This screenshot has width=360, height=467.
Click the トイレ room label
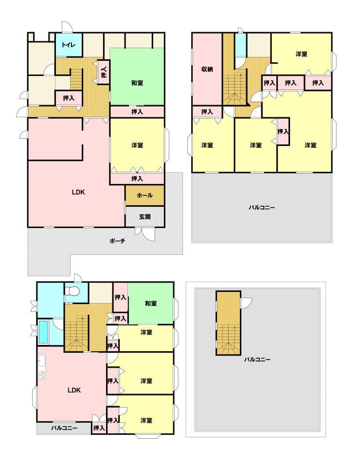click(69, 45)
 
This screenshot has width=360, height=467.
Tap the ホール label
click(144, 196)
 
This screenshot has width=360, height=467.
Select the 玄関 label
click(144, 217)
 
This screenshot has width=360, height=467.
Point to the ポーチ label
click(117, 241)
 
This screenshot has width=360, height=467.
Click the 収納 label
click(207, 70)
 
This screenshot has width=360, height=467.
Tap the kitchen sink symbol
click(42, 361)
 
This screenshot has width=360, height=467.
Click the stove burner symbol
click(42, 375)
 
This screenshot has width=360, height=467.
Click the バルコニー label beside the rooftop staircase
click(257, 360)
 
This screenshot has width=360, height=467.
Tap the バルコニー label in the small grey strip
click(64, 428)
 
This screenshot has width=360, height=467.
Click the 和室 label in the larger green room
click(137, 83)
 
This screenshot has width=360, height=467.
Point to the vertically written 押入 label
click(104, 72)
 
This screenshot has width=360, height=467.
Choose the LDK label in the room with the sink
click(74, 390)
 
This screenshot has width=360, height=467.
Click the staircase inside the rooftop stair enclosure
click(228, 340)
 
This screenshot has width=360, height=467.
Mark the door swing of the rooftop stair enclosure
click(246, 303)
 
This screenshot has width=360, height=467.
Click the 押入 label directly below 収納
click(207, 112)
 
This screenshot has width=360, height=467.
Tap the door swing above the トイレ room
click(67, 27)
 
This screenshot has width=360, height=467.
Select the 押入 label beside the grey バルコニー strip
click(99, 428)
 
